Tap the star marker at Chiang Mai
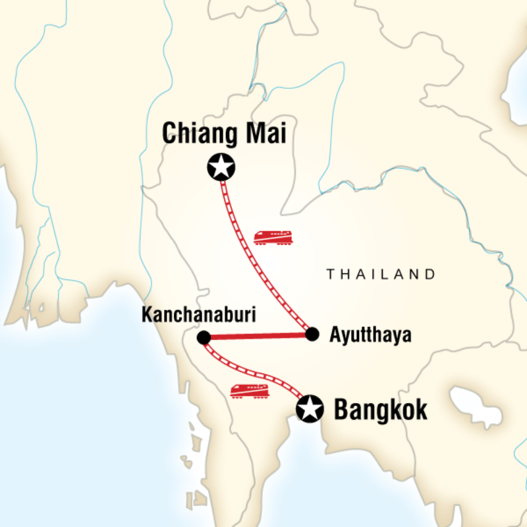pyautogui.click(x=221, y=168)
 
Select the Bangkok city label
pyautogui.click(x=381, y=410)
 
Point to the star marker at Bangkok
pyautogui.click(x=310, y=409)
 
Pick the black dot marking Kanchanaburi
pyautogui.click(x=204, y=338)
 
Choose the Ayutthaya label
pyautogui.click(x=370, y=335)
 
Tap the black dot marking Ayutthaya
pyautogui.click(x=312, y=334)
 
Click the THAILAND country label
pyautogui.click(x=381, y=274)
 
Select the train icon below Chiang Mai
pyautogui.click(x=273, y=237)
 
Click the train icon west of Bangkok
pyautogui.click(x=250, y=391)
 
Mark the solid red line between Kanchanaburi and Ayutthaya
pyautogui.click(x=257, y=336)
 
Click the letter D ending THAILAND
pyautogui.click(x=431, y=274)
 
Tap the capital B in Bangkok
pyautogui.click(x=343, y=410)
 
